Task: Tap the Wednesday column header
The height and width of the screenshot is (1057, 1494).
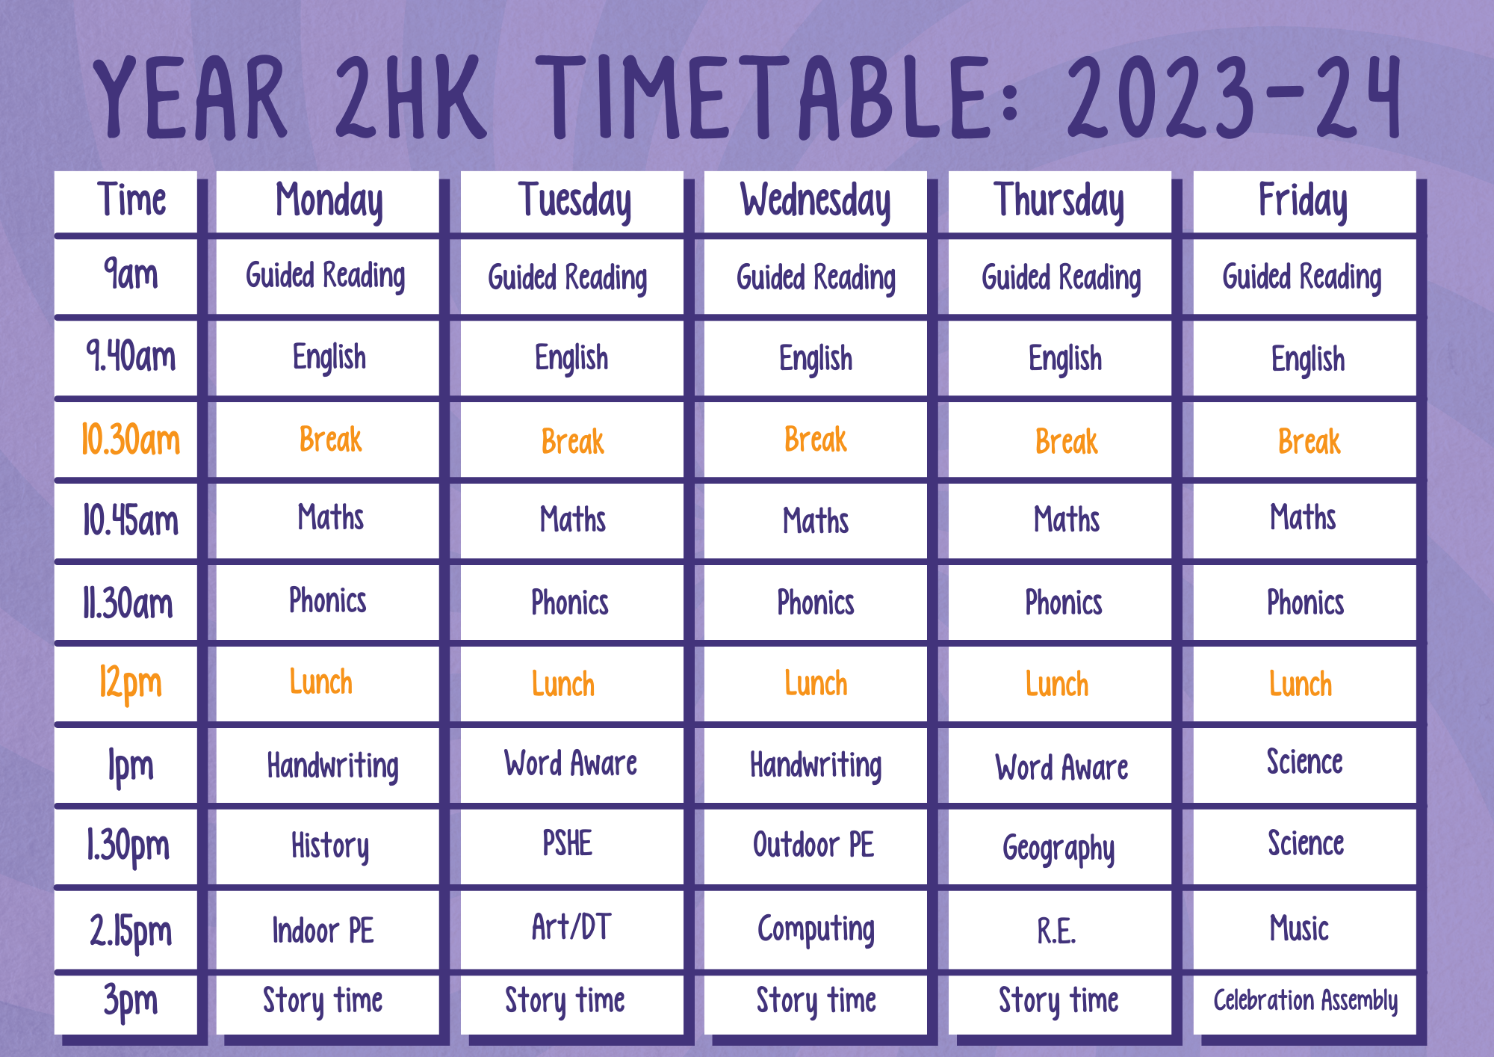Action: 816,202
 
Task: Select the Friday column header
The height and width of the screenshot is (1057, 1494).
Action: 1304,202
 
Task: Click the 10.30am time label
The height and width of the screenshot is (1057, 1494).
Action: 131,440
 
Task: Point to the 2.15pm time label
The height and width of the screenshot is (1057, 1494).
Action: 131,931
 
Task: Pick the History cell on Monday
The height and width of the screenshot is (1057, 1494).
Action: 330,846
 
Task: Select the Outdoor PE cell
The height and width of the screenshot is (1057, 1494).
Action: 813,845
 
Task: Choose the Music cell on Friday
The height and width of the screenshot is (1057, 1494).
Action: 1300,928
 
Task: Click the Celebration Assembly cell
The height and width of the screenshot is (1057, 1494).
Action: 1305,1000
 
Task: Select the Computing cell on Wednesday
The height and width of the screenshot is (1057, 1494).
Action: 816,930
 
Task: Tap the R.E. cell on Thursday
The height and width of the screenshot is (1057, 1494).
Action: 1056,931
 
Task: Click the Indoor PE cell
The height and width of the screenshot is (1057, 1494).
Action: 323,931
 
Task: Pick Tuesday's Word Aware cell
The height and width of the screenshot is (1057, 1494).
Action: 571,763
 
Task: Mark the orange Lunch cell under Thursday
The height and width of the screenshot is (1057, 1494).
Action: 1057,684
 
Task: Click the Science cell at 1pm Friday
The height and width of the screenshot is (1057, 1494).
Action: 1304,762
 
